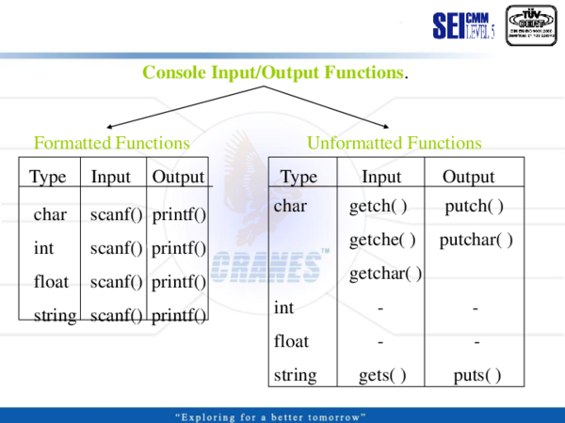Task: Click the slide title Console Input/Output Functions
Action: pos(274,72)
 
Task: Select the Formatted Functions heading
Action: pos(112,144)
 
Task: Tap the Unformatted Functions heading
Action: pos(394,144)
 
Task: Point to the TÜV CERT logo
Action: pos(531,25)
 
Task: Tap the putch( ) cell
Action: pos(475,206)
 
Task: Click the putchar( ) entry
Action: pos(476,240)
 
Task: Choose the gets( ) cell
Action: pos(381,376)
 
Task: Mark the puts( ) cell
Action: pos(476,376)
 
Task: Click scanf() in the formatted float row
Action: pos(116,282)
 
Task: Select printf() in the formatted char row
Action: pos(178,215)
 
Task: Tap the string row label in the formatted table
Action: pos(55,316)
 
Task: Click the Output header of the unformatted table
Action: pos(468,177)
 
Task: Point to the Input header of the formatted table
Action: pos(111,177)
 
